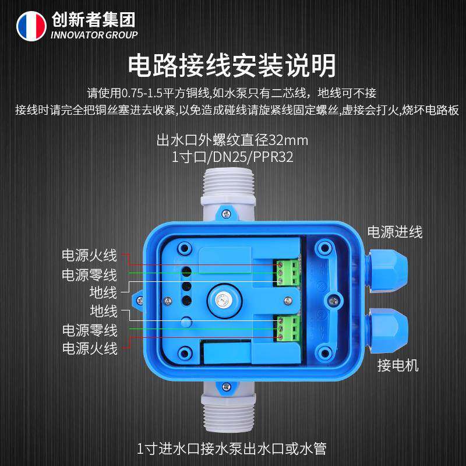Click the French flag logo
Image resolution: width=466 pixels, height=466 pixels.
pyautogui.click(x=31, y=26)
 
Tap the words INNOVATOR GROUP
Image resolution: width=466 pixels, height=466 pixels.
pyautogui.click(x=94, y=36)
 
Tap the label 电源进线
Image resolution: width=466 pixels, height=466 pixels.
pyautogui.click(x=394, y=232)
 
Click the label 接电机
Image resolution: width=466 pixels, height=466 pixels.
pyautogui.click(x=398, y=366)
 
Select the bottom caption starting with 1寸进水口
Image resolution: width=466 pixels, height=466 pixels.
pyautogui.click(x=232, y=449)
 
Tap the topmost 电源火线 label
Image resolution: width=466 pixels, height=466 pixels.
pyautogui.click(x=90, y=255)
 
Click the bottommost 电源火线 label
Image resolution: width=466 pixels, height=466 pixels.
pyautogui.click(x=90, y=348)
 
